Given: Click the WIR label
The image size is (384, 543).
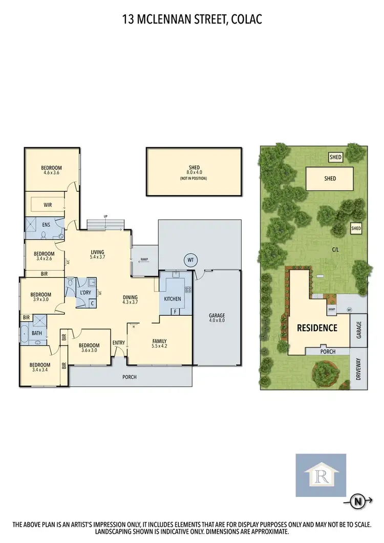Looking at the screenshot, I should tap(48, 205).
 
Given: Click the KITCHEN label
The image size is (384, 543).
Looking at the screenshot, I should tap(172, 298).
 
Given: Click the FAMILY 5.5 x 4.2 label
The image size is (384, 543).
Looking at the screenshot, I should tap(159, 343).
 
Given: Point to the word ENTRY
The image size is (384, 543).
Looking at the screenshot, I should tap(119, 343).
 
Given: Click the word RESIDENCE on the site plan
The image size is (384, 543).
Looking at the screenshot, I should tap(317, 328).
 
